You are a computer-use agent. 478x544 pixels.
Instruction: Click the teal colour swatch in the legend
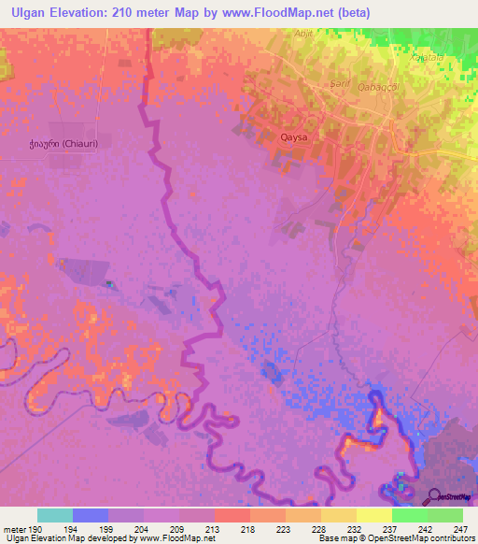pos(55,515)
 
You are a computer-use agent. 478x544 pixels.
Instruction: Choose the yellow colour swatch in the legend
pos(373,515)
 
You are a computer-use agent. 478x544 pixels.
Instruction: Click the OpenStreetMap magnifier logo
pos(431,496)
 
